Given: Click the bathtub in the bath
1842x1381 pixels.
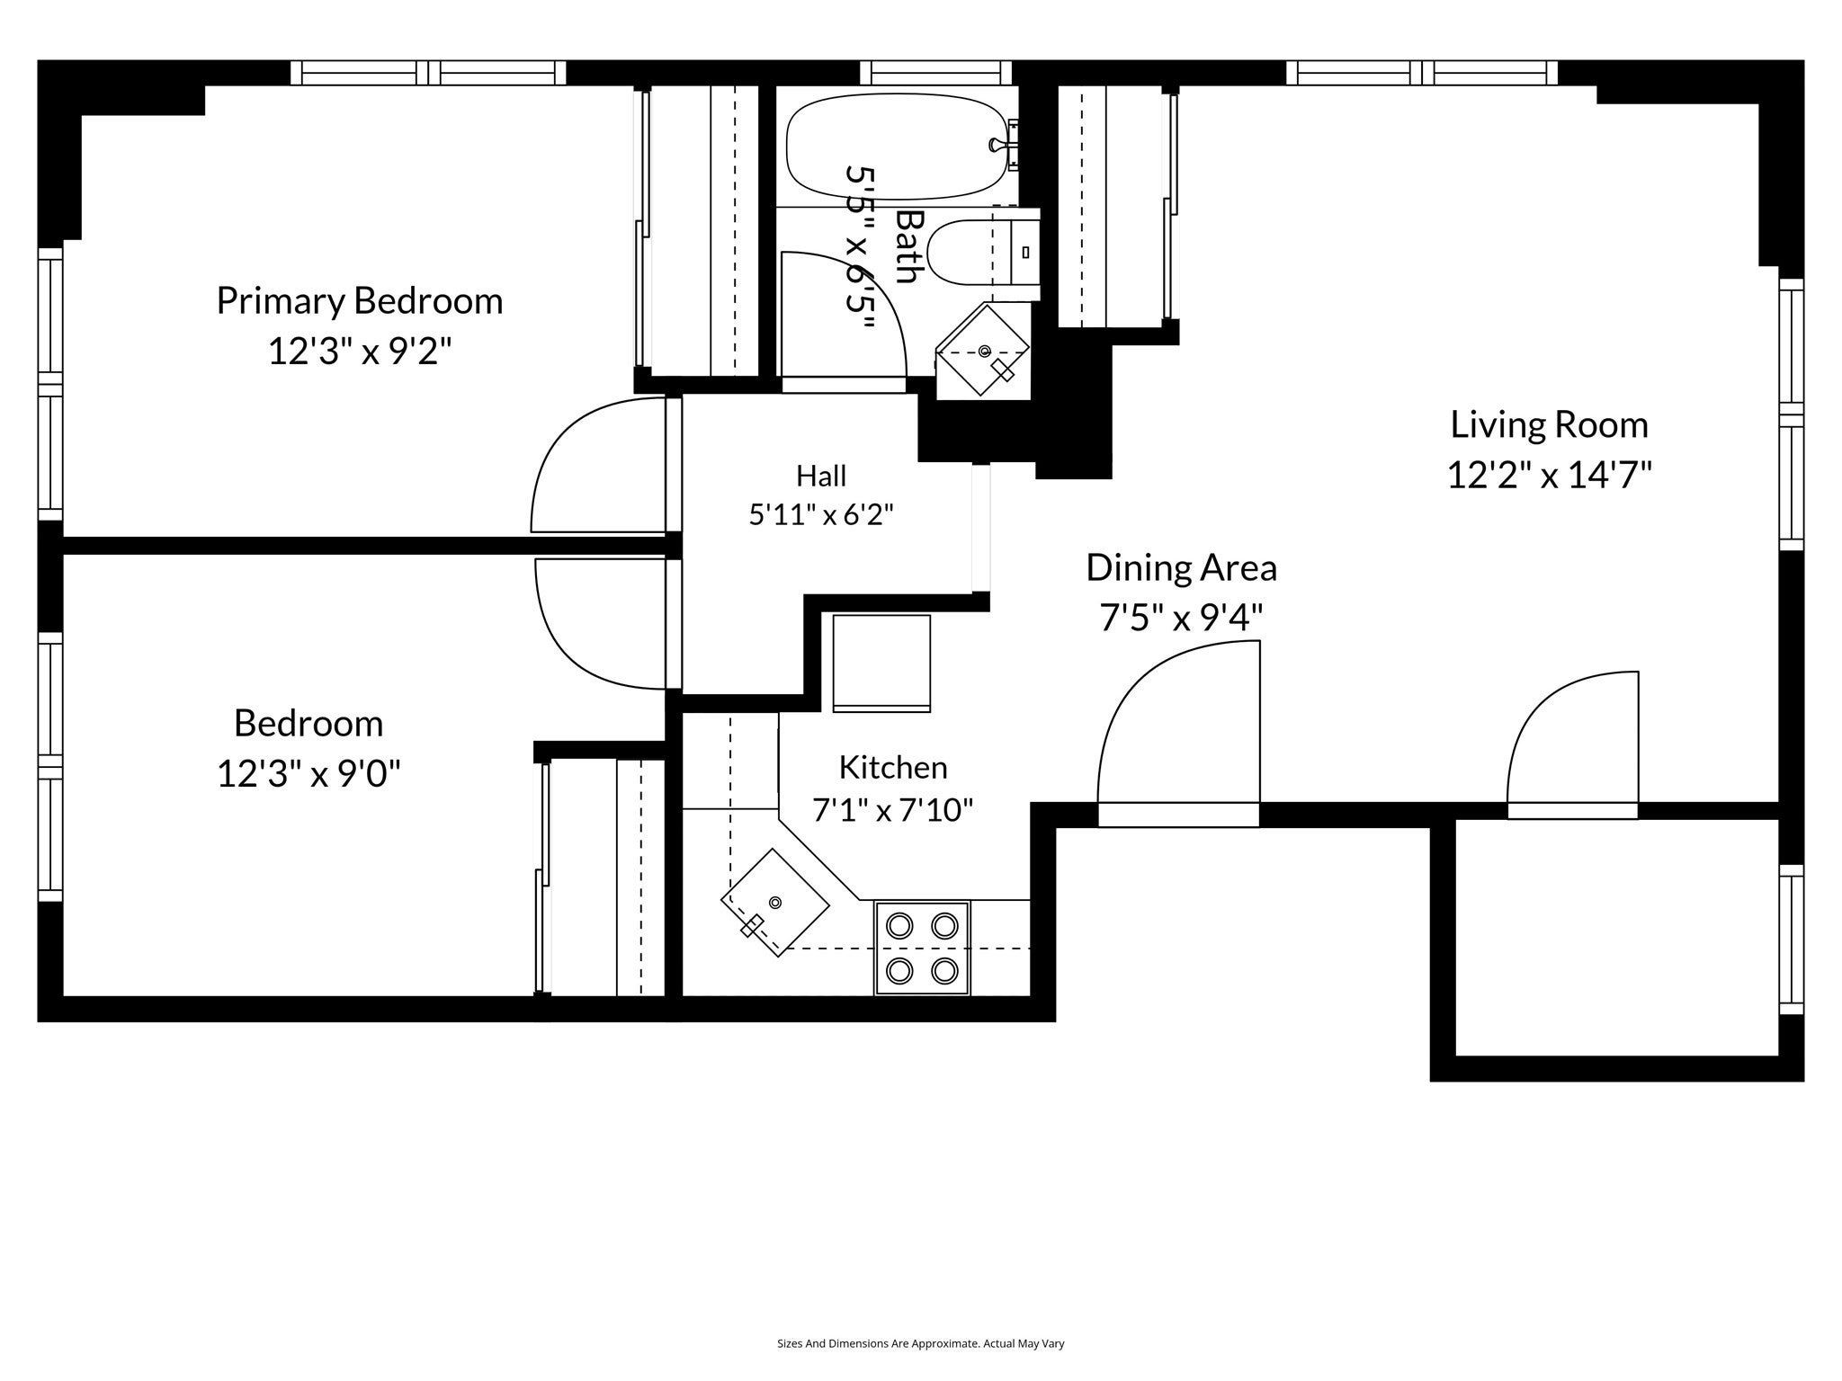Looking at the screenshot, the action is pos(895,146).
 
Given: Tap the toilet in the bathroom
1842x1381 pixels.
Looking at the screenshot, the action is pos(982,254).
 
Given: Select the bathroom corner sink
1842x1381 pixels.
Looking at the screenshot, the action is pos(982,351).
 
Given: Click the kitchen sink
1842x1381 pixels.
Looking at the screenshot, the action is pos(775,902).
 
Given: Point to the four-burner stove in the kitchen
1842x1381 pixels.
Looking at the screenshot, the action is pos(922,948).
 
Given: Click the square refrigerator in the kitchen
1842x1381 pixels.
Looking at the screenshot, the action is pos(881,663).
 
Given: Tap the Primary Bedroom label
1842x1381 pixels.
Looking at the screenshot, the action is pos(359,300).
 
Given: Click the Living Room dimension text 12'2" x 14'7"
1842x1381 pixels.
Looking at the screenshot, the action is pos(1549,474).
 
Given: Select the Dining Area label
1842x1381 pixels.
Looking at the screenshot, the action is pos(1181,567).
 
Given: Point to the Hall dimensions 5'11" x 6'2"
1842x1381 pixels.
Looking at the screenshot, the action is pos(821,515).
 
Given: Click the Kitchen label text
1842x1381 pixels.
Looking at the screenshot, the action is pos(893,767).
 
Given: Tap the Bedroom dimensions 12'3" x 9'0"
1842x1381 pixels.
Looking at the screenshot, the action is pos(308,772).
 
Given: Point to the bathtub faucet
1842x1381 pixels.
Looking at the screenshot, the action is pos(997,144).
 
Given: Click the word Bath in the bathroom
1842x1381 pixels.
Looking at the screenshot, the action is pos(911,246).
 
